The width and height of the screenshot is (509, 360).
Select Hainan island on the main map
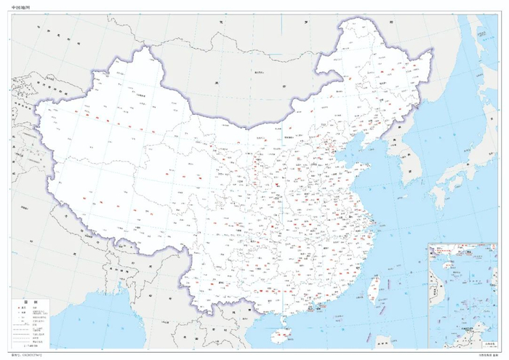(281, 336)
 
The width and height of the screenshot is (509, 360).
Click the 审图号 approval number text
(29, 356)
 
